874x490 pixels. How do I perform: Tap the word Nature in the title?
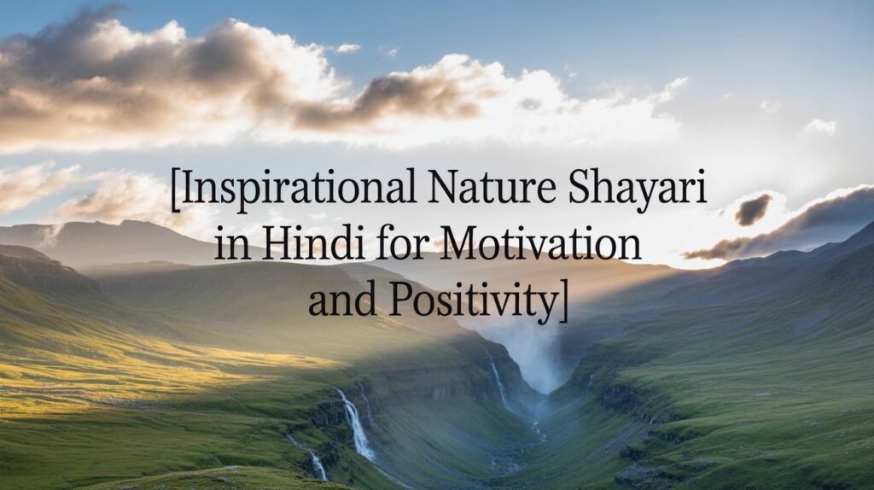[x=492, y=187]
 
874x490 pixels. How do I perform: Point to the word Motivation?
[x=539, y=243]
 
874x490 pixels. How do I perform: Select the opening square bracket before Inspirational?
[x=175, y=190]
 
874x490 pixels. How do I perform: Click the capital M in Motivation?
[x=462, y=243]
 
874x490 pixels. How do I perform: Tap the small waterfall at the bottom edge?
[x=319, y=465]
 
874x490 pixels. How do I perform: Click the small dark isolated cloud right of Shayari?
[x=753, y=209]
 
